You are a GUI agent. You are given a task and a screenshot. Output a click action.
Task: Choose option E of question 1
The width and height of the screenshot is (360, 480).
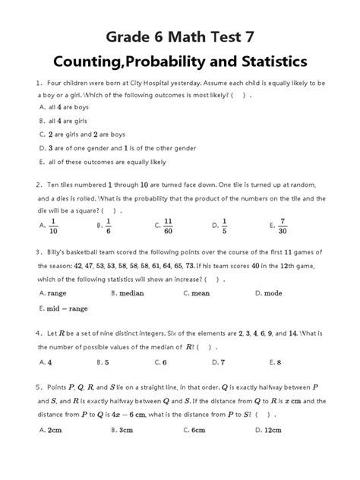(99, 162)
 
